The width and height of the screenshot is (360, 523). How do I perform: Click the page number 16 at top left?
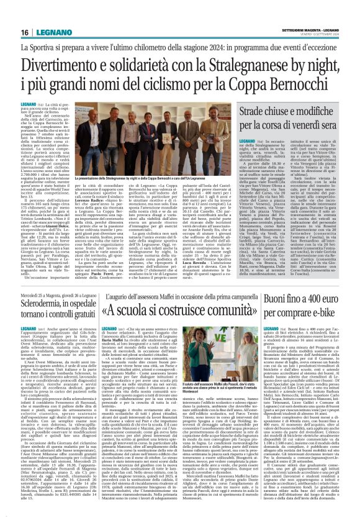25,32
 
